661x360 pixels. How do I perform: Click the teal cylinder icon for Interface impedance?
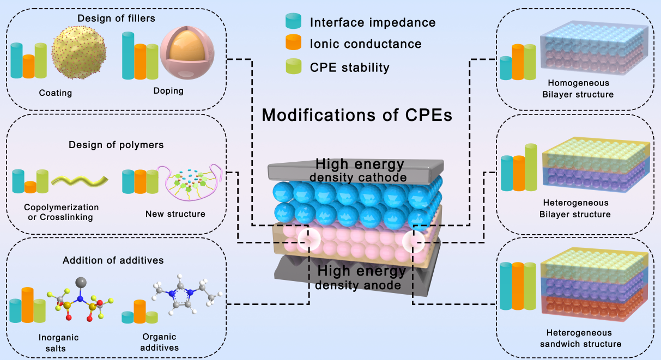[294, 22]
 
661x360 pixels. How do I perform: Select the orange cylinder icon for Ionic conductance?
[294, 43]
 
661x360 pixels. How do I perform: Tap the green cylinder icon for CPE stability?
[294, 66]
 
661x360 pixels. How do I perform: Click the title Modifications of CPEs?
[357, 115]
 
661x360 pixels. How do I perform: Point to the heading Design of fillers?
[116, 19]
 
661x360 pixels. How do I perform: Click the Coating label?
[56, 93]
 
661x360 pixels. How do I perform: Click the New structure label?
[175, 214]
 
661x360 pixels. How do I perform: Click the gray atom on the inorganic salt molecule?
[81, 282]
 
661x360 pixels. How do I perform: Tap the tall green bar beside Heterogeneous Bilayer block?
[530, 167]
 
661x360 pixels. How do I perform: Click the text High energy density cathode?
[360, 169]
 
